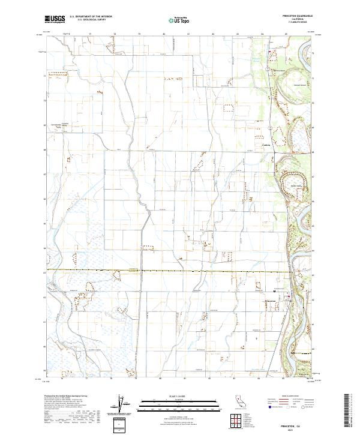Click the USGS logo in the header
point(55,20)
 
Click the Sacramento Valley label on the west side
point(67,119)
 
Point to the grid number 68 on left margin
point(44,149)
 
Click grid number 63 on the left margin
point(44,272)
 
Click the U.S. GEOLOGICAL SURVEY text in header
point(91,21)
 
